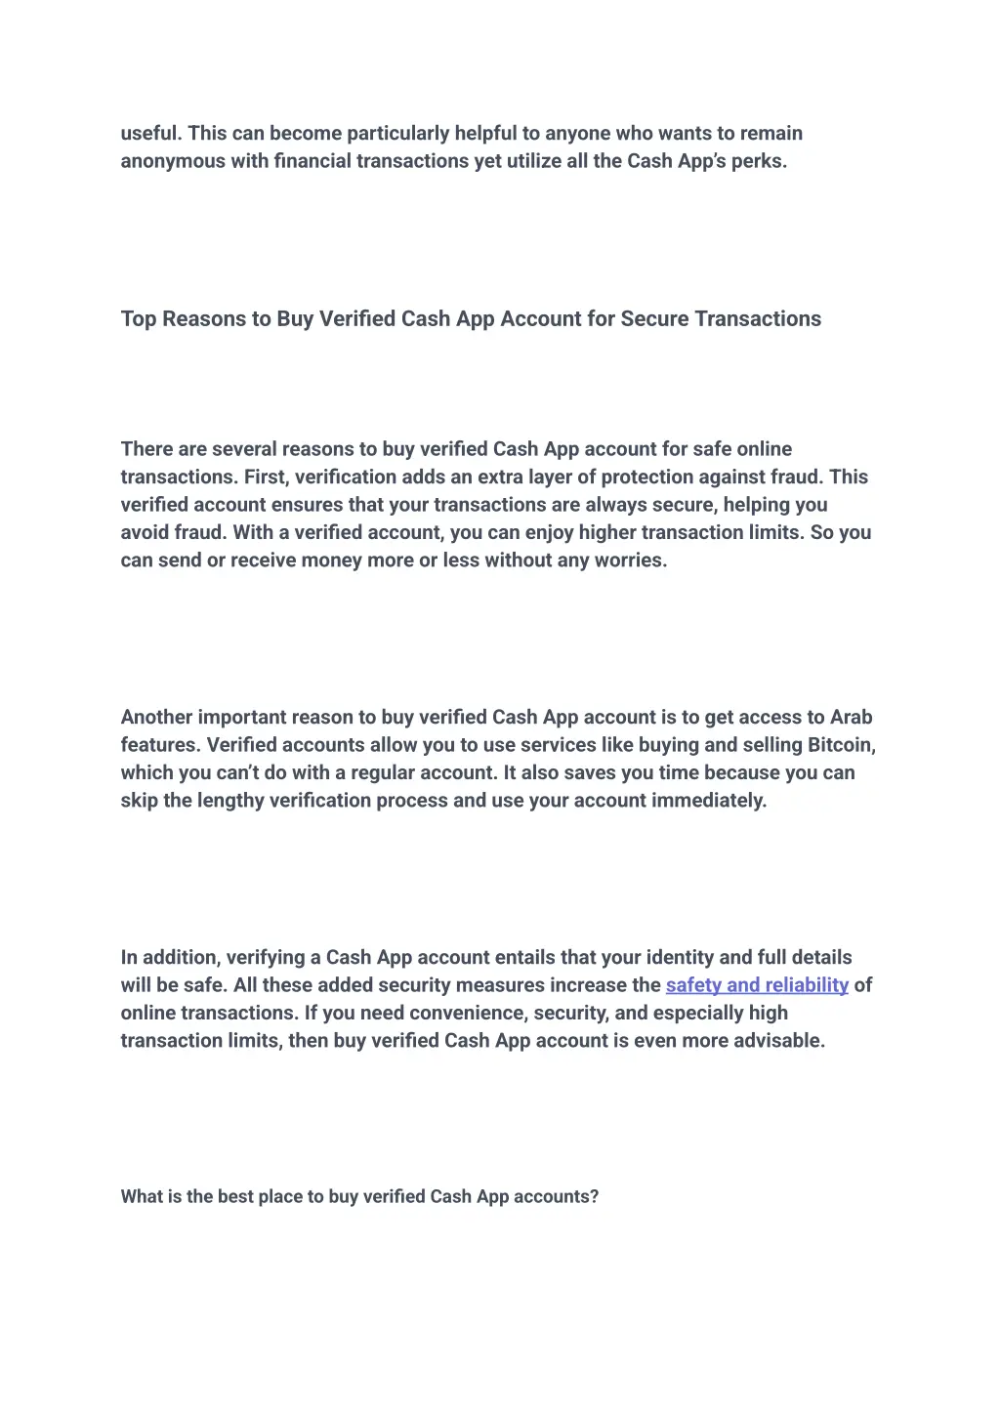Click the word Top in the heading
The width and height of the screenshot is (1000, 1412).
(139, 319)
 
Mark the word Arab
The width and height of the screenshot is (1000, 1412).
(852, 718)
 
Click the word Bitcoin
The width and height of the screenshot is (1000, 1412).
(841, 745)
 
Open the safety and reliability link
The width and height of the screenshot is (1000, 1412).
(757, 985)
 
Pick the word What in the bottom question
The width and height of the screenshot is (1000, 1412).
(142, 1197)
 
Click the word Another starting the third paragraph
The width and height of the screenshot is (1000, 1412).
(156, 718)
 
